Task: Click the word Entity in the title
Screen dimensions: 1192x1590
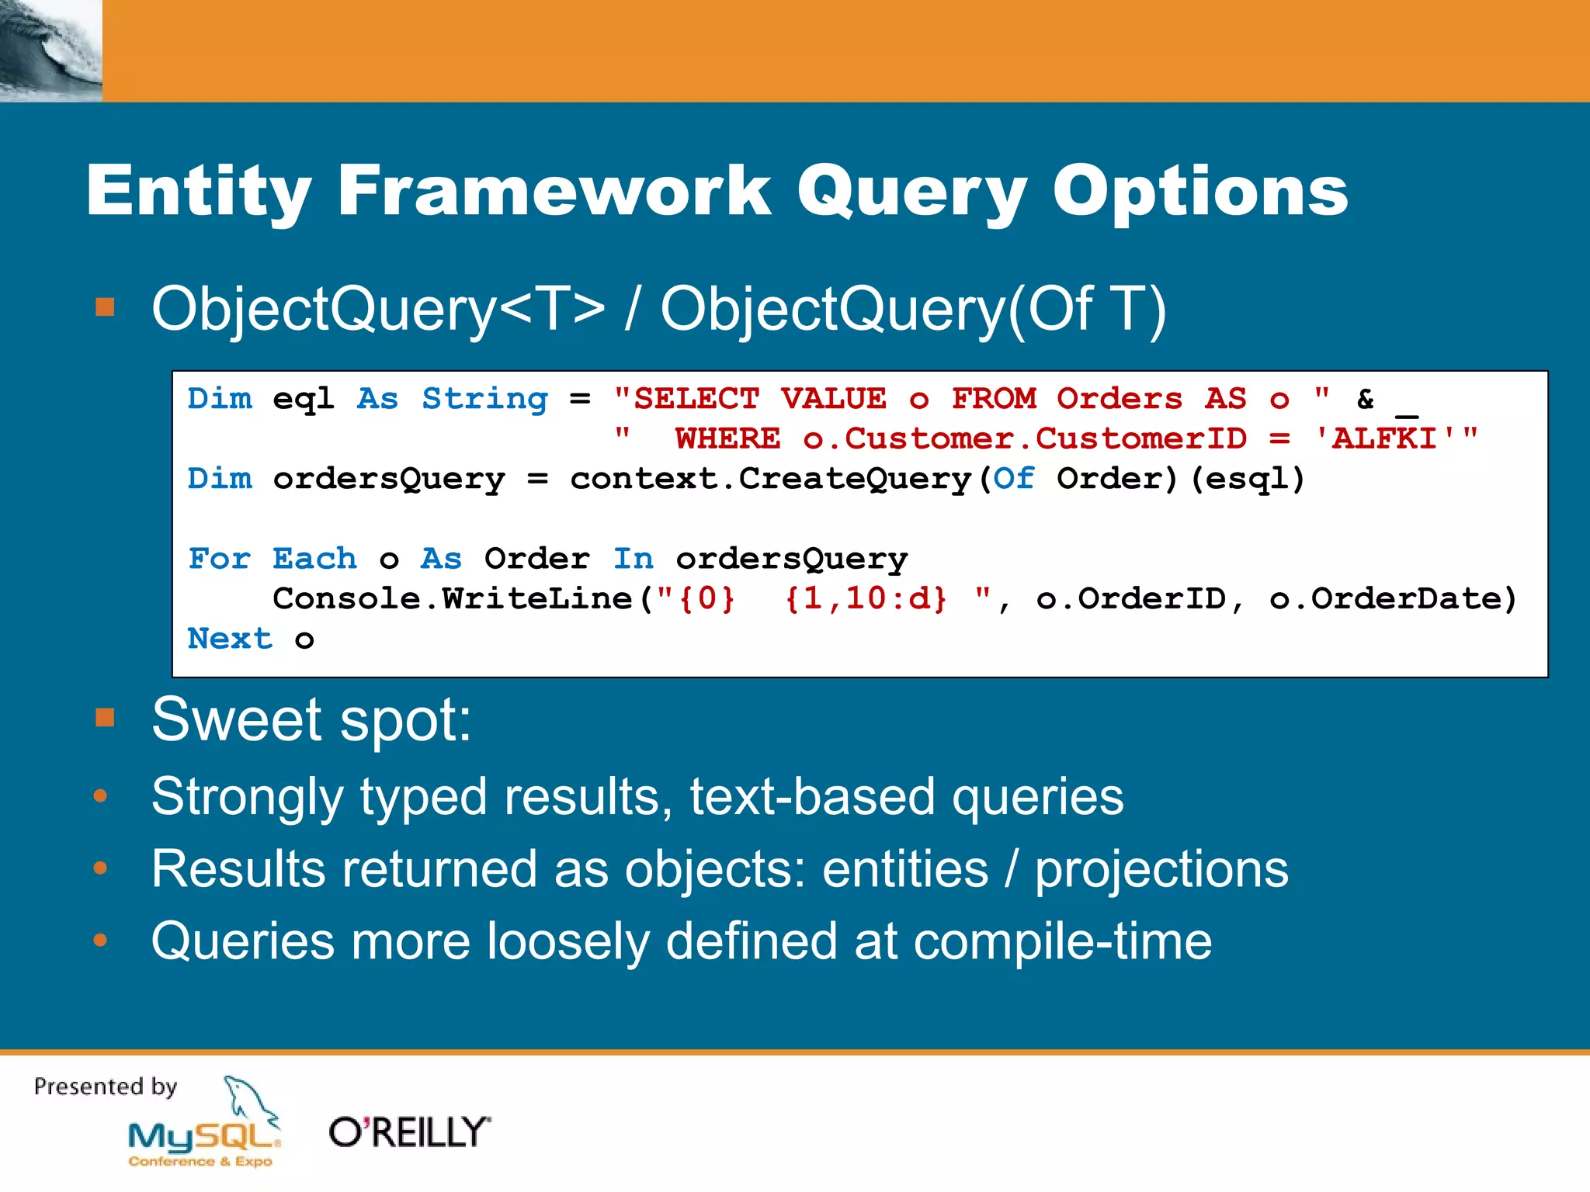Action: click(x=199, y=191)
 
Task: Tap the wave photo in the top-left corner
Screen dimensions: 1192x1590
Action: click(x=50, y=50)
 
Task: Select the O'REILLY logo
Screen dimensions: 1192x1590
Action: click(x=409, y=1132)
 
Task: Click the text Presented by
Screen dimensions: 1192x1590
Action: click(x=106, y=1086)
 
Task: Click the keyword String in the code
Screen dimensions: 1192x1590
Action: click(x=484, y=399)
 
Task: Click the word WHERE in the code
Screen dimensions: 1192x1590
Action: click(x=727, y=439)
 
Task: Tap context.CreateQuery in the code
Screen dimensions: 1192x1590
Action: click(x=770, y=479)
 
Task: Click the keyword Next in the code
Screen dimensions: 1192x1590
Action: click(x=230, y=639)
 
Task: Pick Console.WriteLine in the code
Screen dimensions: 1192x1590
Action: click(x=453, y=599)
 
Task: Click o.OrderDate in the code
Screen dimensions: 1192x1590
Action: click(x=1392, y=599)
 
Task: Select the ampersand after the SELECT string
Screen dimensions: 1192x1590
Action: click(x=1365, y=399)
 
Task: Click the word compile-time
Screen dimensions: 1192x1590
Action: click(x=1062, y=941)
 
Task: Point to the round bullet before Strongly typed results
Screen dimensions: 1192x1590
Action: click(x=100, y=796)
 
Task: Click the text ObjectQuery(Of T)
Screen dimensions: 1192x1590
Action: click(x=913, y=309)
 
